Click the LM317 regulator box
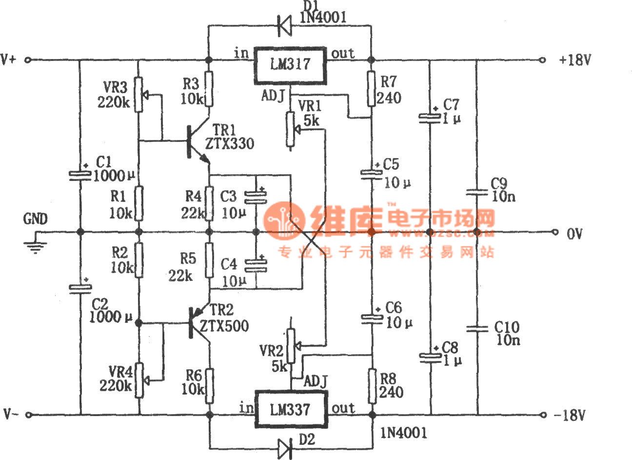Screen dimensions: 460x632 point(291,65)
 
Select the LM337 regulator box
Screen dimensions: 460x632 point(291,409)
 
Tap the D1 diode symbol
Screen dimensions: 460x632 point(284,25)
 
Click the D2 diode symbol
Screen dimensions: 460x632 point(284,447)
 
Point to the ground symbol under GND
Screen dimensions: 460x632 point(34,247)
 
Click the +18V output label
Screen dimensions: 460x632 point(575,60)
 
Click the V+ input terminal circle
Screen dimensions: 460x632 point(28,60)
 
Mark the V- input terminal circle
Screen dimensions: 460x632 point(28,415)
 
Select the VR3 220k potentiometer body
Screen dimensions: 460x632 point(139,94)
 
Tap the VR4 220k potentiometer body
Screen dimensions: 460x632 point(140,380)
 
